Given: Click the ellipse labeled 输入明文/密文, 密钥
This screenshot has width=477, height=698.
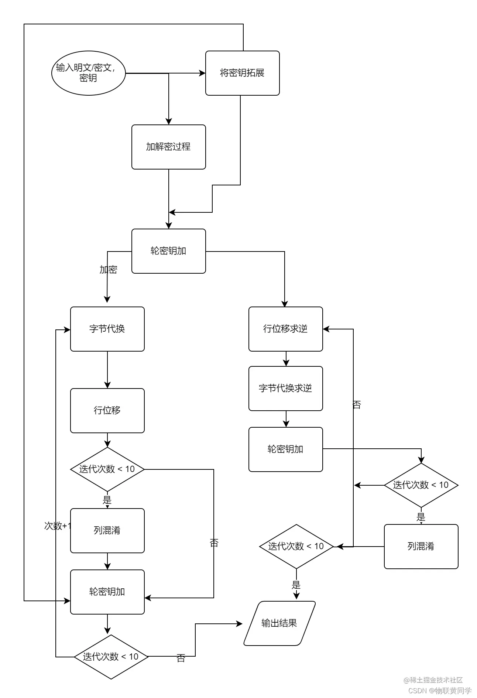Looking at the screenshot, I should tap(88, 73).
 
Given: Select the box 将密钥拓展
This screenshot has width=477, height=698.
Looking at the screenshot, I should tap(242, 73).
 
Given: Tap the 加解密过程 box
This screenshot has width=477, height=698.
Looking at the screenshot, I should tap(168, 147).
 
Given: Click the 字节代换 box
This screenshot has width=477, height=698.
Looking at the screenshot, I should tap(107, 329).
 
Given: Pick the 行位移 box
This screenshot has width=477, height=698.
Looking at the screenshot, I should tap(107, 410).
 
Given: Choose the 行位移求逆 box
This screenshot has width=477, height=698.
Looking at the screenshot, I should tap(285, 329).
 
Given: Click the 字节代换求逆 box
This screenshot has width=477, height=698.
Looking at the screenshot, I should tap(285, 388).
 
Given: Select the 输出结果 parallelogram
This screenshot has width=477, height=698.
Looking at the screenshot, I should tap(279, 623).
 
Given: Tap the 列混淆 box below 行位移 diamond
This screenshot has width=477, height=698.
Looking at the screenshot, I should tap(107, 530).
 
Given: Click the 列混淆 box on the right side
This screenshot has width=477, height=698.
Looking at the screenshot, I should tap(421, 546).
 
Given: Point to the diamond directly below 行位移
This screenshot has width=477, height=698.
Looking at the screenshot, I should tap(107, 469).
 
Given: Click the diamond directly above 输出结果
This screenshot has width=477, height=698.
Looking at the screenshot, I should tap(296, 546).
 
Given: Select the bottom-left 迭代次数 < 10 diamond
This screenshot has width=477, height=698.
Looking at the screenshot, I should tap(111, 657).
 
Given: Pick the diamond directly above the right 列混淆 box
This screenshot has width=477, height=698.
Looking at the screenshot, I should tap(421, 485).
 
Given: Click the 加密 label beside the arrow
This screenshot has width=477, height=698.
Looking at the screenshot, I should tap(108, 270).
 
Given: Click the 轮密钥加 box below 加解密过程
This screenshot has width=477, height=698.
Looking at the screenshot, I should tap(168, 251).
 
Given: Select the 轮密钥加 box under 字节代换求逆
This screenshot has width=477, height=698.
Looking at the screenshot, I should tap(285, 449).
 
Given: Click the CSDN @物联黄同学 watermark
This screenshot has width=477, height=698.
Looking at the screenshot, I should tap(440, 690).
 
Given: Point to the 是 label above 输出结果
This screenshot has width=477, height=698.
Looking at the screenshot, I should tap(296, 585).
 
